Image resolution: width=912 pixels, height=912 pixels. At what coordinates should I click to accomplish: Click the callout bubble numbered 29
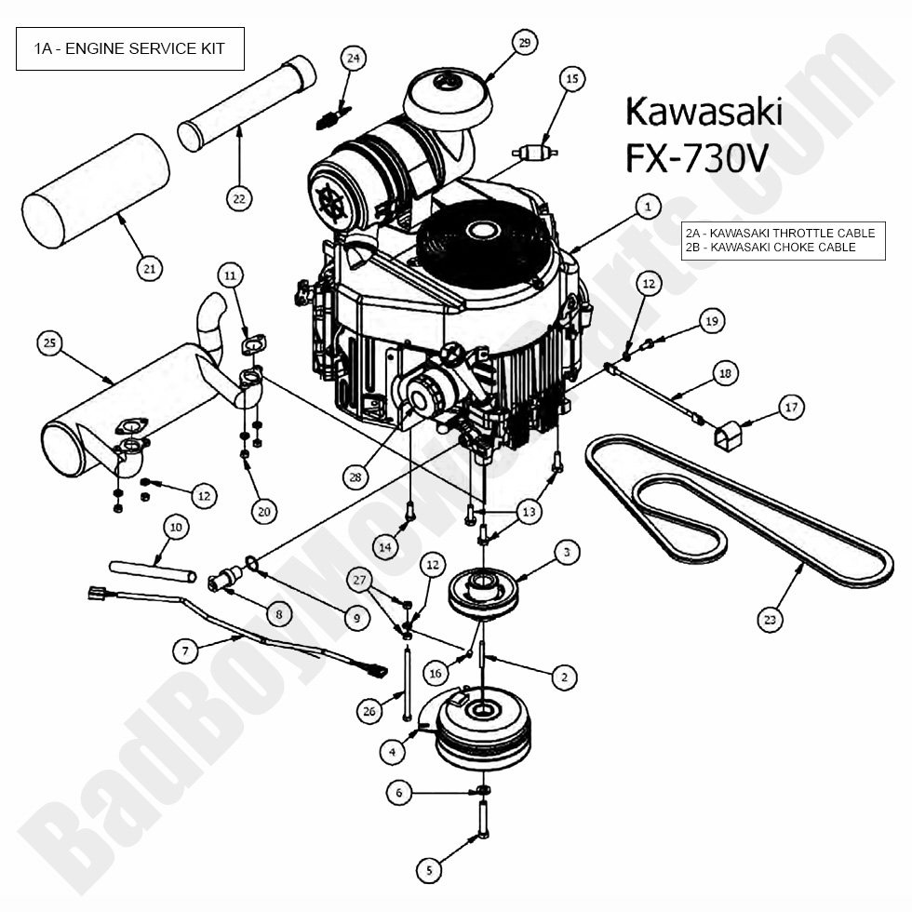[524, 43]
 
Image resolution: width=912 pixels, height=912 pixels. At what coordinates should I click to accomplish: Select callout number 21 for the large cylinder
[149, 269]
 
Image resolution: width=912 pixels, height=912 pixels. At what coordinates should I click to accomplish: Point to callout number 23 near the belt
[769, 619]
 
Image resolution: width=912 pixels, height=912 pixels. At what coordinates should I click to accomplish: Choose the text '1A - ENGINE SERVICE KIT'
[129, 48]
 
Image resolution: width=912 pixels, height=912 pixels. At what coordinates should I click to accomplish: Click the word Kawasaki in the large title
[704, 111]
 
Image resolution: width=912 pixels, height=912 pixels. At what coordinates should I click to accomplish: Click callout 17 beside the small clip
[790, 407]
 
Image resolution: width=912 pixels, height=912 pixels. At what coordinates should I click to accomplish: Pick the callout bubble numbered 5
[429, 870]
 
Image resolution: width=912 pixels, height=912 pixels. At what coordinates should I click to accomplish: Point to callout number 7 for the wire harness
[185, 650]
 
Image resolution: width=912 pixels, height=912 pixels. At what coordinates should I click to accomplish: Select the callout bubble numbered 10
[176, 527]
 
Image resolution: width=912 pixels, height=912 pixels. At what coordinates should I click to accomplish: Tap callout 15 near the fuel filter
[571, 80]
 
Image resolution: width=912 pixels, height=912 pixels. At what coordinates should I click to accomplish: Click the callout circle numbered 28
[354, 477]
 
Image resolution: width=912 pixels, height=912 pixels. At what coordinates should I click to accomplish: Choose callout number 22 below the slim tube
[239, 197]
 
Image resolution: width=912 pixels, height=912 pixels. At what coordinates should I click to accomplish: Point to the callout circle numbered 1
[648, 206]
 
